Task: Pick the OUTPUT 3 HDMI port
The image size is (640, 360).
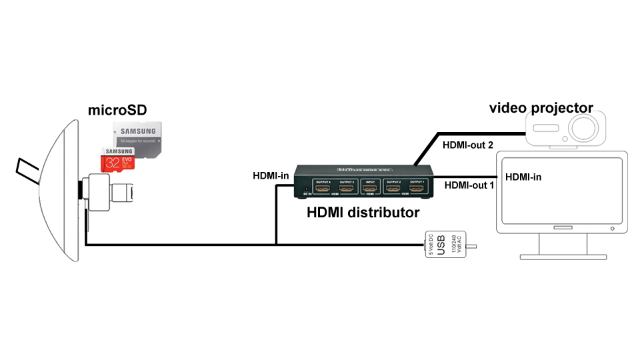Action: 347,189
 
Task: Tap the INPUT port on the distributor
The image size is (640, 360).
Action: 369,189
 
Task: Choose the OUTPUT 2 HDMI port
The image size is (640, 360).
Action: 393,189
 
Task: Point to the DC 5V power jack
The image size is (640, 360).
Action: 306,189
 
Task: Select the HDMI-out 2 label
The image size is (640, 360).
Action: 469,144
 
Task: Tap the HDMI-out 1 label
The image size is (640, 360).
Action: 469,185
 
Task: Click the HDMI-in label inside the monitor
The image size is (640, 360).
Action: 524,177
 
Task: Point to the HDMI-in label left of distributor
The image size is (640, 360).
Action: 270,176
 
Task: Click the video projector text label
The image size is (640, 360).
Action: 541,108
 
